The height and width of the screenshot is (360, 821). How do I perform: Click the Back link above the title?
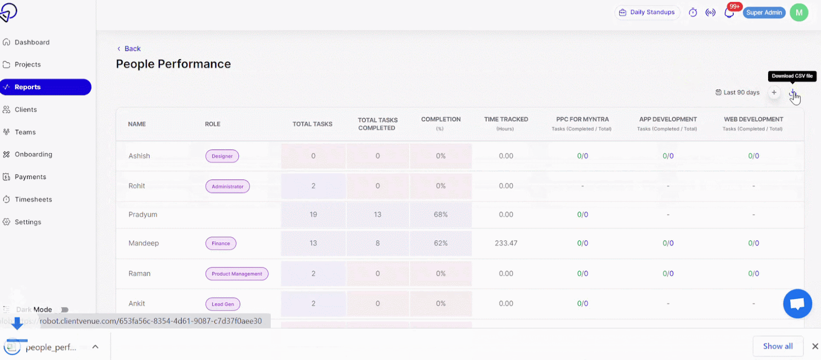click(129, 49)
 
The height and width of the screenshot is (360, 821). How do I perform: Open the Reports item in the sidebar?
click(46, 87)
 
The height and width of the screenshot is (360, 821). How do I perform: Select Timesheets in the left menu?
click(33, 200)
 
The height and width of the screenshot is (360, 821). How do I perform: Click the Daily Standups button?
click(647, 12)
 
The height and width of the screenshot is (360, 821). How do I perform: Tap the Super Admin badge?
click(764, 12)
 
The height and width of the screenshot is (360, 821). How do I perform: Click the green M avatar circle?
click(799, 12)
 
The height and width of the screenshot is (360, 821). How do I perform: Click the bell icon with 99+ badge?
click(729, 12)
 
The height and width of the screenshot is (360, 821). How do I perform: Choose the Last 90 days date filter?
click(737, 92)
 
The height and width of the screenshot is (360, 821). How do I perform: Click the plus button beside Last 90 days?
click(774, 92)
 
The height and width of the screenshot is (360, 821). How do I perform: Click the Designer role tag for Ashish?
click(222, 156)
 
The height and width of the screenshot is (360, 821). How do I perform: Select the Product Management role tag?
click(236, 274)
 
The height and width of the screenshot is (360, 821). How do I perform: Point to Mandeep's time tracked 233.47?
click(506, 243)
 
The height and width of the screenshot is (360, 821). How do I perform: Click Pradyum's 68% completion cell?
click(441, 215)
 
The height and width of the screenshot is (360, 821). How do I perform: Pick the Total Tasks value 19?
click(313, 215)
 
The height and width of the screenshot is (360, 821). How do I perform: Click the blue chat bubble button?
click(797, 304)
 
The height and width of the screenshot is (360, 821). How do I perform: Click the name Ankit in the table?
click(137, 304)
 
